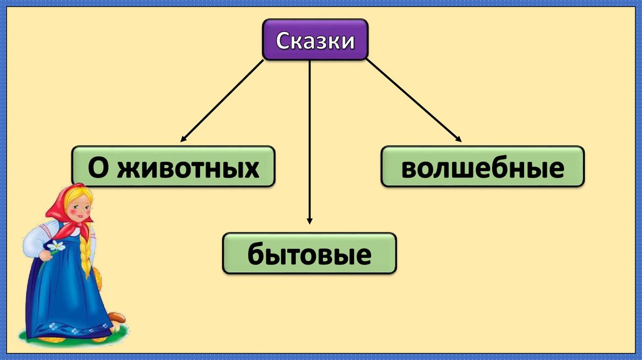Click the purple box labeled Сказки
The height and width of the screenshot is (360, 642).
(x=315, y=40)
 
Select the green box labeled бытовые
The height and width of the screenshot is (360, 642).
(x=309, y=253)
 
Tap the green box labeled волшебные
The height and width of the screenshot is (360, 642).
(x=482, y=167)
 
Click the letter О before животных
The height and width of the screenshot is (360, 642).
(x=98, y=167)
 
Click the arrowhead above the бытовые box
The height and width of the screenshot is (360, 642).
(x=309, y=220)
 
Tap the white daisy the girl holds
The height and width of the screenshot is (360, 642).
(x=57, y=246)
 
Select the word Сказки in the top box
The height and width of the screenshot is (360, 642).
(x=315, y=40)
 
